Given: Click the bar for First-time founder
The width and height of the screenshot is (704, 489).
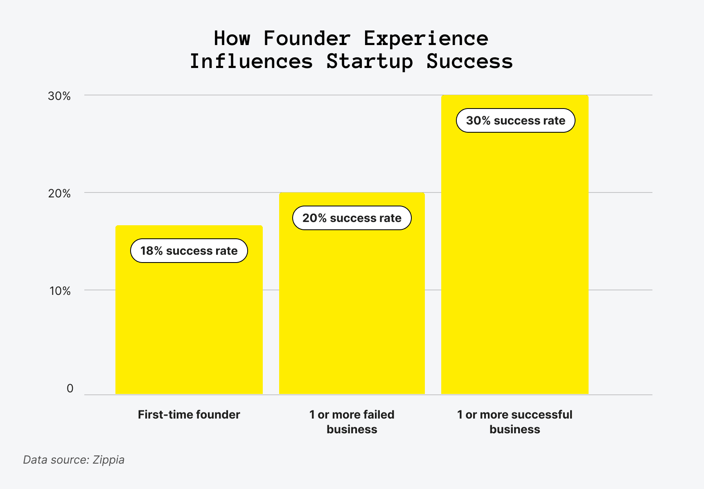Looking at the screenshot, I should click(x=189, y=324).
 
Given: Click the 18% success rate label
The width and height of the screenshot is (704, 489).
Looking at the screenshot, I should click(x=189, y=251).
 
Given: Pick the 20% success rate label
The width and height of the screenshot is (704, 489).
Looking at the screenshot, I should click(x=352, y=218).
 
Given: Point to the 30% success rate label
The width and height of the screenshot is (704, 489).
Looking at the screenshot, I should click(x=515, y=120).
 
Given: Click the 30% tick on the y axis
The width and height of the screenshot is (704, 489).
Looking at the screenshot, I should click(x=59, y=96).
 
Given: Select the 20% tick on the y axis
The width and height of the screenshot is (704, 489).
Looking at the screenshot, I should click(x=59, y=193).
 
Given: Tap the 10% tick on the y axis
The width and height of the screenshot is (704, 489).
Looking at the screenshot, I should click(x=60, y=291).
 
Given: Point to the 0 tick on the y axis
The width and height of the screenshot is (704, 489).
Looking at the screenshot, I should click(x=70, y=388).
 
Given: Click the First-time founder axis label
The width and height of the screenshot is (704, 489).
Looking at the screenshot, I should click(x=189, y=414).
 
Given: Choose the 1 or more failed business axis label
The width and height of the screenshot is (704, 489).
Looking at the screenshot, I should click(x=352, y=422).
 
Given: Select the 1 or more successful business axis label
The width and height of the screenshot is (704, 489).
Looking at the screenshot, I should click(x=514, y=422).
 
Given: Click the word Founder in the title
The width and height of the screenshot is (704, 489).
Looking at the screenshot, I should click(x=307, y=38).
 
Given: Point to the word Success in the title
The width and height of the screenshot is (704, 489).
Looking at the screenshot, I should click(x=469, y=61).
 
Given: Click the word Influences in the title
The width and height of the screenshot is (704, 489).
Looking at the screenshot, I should click(x=251, y=61).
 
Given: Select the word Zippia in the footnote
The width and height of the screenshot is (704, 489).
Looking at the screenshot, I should click(x=108, y=460).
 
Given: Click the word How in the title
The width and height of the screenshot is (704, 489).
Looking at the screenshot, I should click(x=232, y=38).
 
